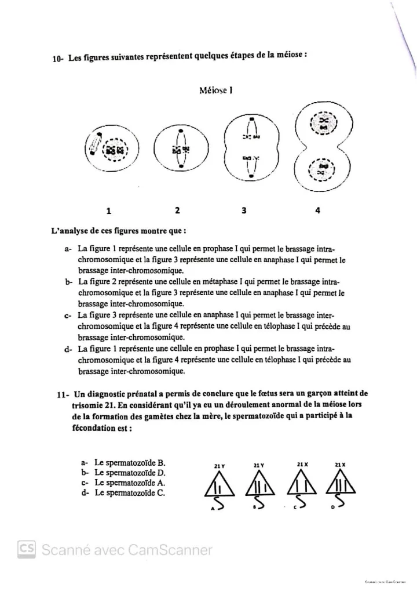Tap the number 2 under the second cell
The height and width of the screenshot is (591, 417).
click(x=177, y=210)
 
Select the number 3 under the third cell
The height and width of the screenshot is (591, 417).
click(x=244, y=210)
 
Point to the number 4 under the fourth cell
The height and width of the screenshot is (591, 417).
click(x=318, y=211)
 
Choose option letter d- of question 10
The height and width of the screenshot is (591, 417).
click(x=68, y=350)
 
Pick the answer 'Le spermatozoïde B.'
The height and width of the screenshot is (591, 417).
click(x=130, y=463)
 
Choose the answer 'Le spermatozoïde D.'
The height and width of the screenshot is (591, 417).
click(x=130, y=473)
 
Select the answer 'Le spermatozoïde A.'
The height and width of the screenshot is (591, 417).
click(x=130, y=483)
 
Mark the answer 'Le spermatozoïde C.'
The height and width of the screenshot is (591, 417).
click(x=130, y=493)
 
